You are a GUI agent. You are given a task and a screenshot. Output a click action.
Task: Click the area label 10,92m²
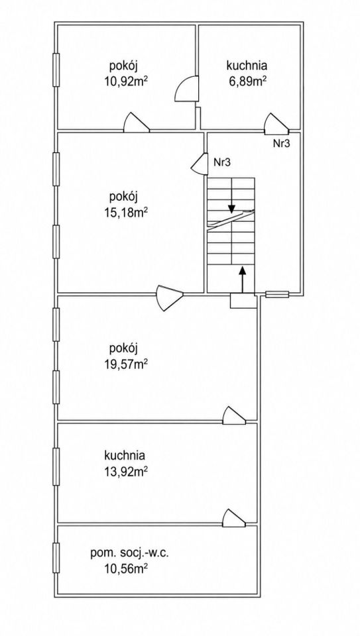(x=125, y=81)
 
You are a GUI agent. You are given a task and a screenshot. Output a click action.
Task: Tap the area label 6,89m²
(x=247, y=81)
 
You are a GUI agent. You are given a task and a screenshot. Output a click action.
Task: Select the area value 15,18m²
(x=125, y=213)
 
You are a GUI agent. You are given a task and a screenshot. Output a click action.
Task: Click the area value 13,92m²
(x=125, y=471)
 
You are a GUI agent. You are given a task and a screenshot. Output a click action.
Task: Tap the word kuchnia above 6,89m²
(x=247, y=66)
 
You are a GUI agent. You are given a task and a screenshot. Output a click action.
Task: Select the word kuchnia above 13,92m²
(x=125, y=455)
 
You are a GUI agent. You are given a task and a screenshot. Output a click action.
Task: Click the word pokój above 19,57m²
(x=124, y=348)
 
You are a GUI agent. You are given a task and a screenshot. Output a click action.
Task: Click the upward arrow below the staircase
(x=242, y=279)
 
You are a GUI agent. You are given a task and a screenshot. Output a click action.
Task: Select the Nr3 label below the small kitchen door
(x=281, y=143)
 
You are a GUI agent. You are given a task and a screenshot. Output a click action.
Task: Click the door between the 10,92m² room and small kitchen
(x=187, y=89)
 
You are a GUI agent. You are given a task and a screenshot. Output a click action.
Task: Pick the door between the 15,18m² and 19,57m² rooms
(x=170, y=297)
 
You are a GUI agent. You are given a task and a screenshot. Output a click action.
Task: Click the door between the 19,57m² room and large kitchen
(x=234, y=415)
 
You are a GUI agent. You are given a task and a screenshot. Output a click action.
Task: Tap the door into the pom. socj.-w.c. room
(x=234, y=517)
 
